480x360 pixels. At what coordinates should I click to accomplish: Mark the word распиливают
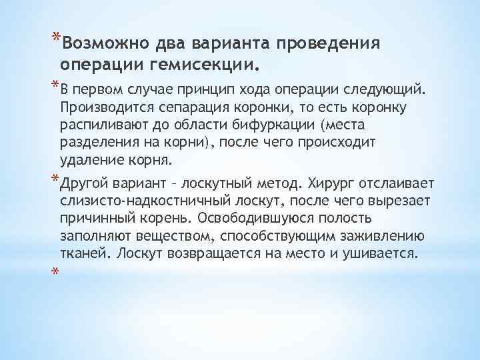[101, 125]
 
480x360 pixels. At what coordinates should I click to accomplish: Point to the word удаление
[87, 160]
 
